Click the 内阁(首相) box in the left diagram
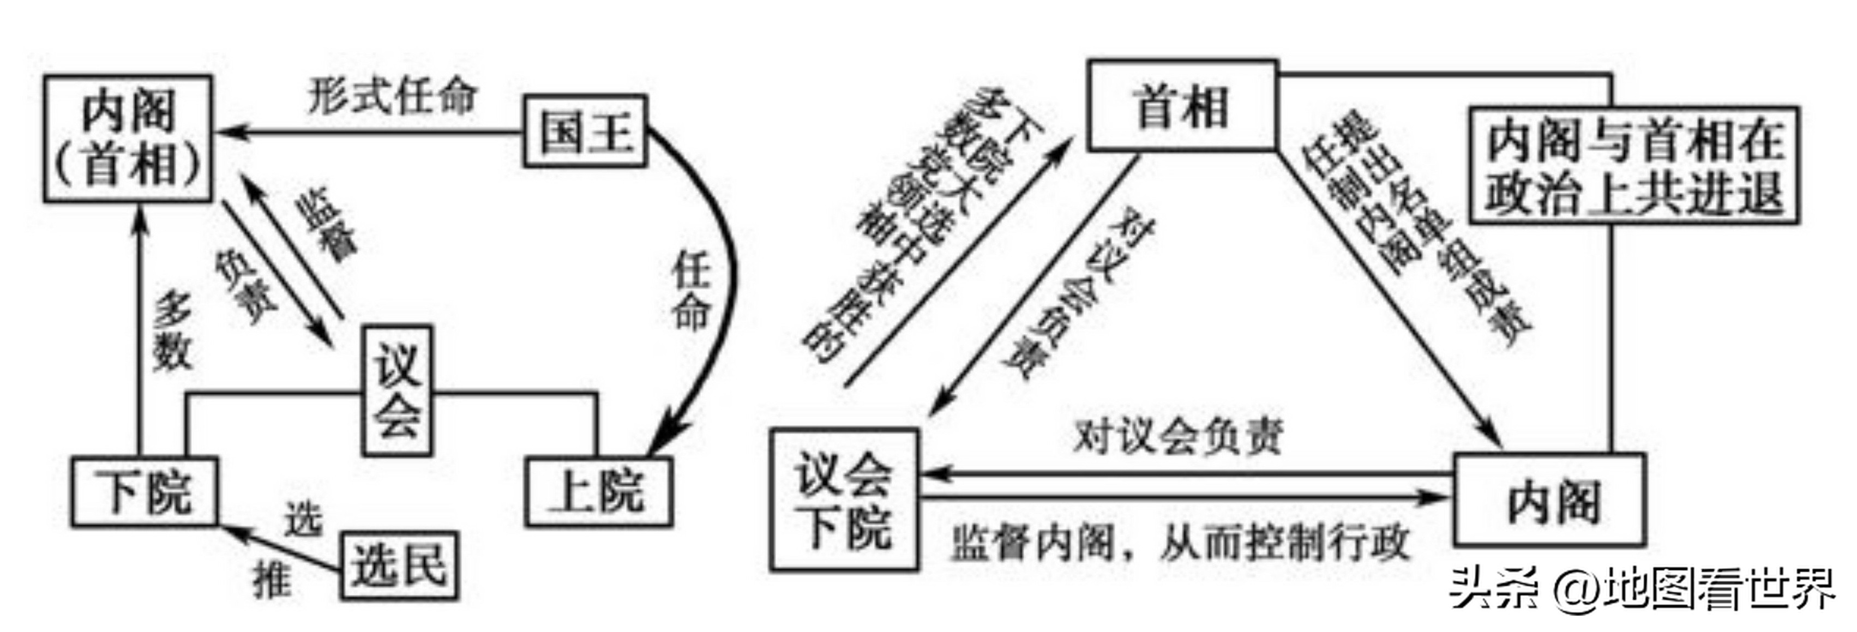click(128, 139)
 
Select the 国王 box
click(585, 132)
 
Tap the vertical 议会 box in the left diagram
click(397, 390)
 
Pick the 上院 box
click(598, 491)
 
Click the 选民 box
click(399, 565)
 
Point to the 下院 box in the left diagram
click(144, 491)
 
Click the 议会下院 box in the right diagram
click(844, 500)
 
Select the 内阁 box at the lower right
click(1550, 500)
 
